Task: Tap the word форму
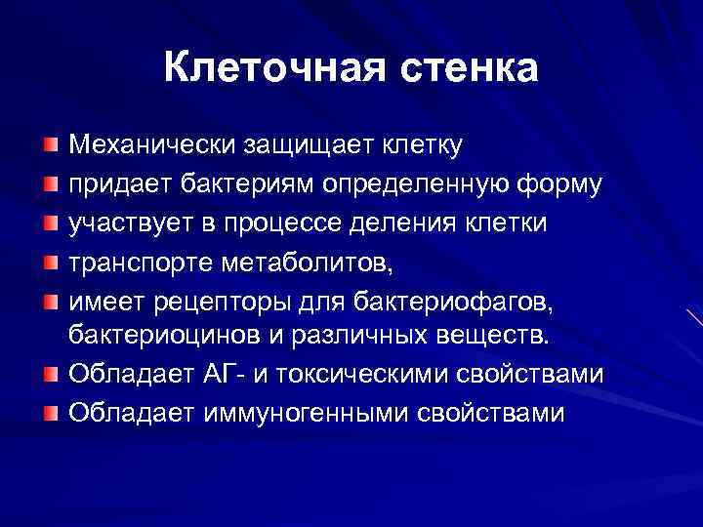559,184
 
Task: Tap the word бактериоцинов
154,337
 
